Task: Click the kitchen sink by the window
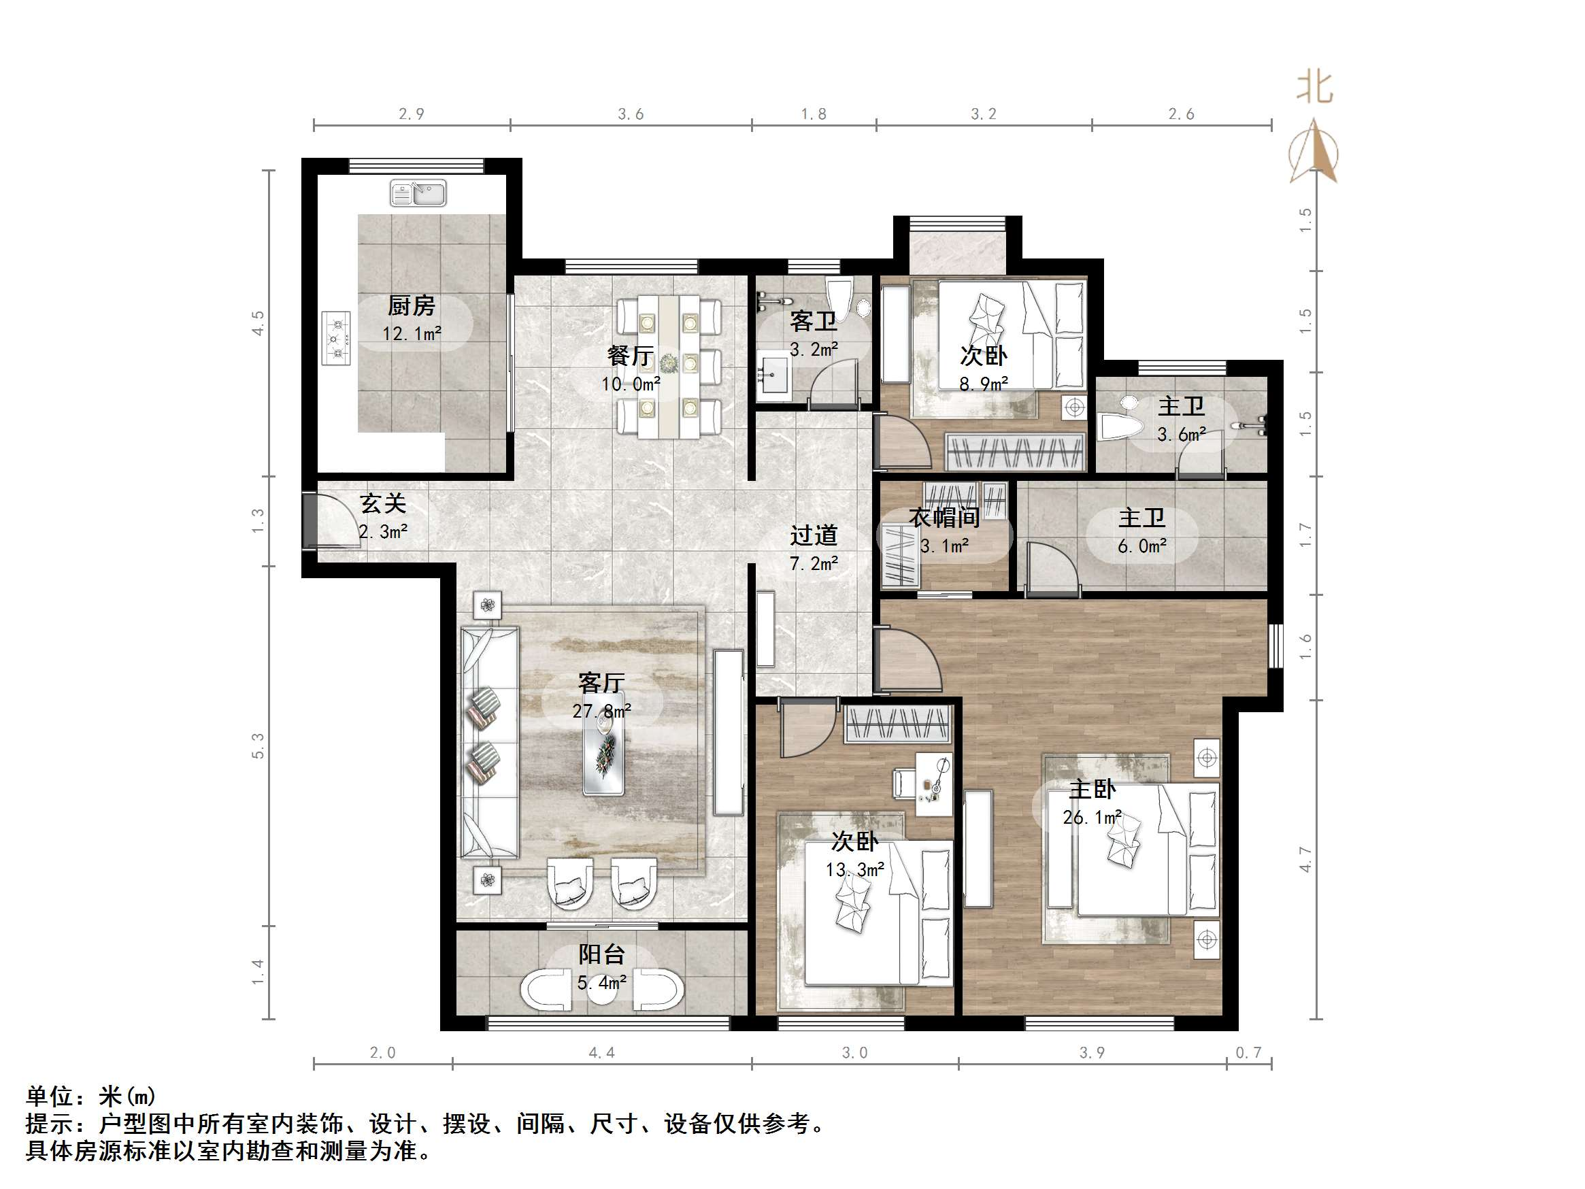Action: coord(418,193)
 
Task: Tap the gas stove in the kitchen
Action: coord(336,338)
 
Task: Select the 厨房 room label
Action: coord(412,306)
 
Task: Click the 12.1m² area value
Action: coord(412,333)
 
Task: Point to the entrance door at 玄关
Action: coord(310,521)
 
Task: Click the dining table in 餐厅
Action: coord(669,365)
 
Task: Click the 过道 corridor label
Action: coord(814,535)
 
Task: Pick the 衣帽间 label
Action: coord(944,517)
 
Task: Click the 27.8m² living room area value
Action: coord(601,711)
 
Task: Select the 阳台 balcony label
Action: coord(601,954)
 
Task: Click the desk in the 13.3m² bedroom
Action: coord(935,784)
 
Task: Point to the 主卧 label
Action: coord(1092,790)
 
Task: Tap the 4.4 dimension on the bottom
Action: coord(601,1053)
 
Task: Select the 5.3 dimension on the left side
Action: coord(258,746)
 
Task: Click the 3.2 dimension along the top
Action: coord(983,114)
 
